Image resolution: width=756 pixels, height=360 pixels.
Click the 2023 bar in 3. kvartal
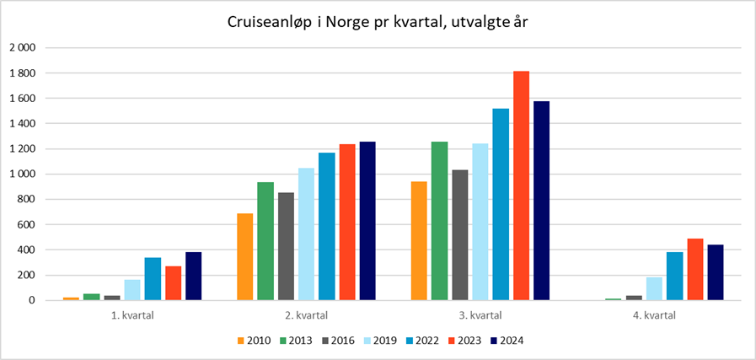pos(522,185)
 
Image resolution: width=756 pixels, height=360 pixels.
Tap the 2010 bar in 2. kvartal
pos(245,256)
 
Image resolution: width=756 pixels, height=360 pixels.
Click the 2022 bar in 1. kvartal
pos(153,278)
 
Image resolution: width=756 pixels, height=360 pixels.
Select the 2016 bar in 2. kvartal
pos(286,246)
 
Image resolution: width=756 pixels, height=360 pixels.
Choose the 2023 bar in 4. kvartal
pos(695,269)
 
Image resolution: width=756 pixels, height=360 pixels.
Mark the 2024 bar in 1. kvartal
pos(193,276)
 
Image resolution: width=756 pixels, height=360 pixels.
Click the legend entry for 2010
pos(255,341)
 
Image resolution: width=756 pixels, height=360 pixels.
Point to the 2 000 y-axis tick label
pos(22,48)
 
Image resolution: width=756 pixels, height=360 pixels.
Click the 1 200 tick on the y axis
pos(22,149)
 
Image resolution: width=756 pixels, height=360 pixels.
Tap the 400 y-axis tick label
pos(26,250)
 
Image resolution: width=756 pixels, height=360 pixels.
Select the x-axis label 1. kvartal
pos(132,316)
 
